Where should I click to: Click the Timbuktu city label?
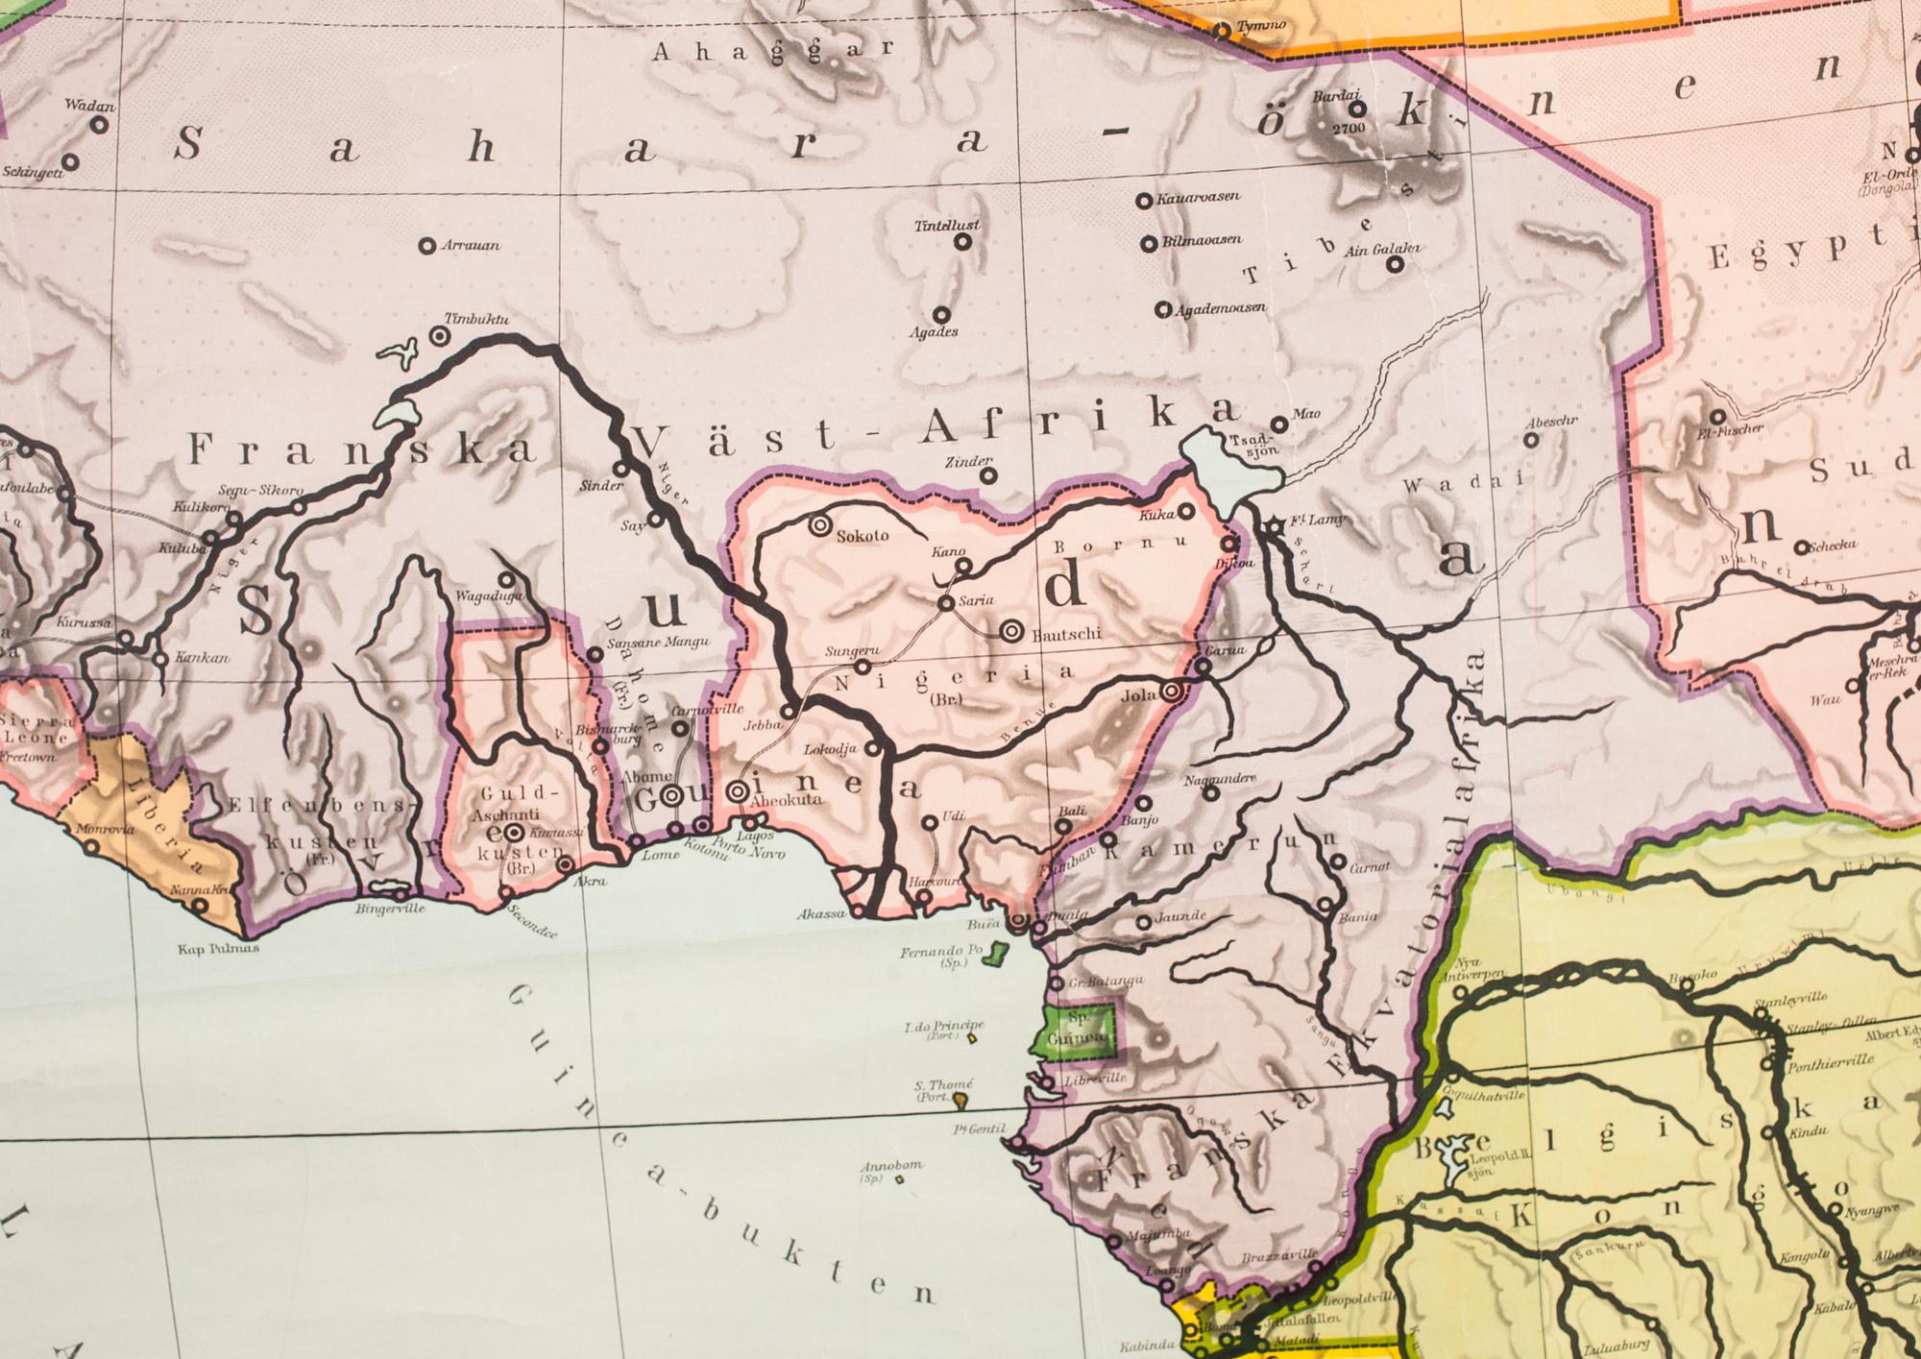coord(476,319)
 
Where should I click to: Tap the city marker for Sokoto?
coord(820,525)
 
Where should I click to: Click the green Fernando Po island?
coord(999,955)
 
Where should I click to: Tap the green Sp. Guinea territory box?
coord(1083,1030)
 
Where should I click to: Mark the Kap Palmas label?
coord(218,949)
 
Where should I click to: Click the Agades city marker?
coord(942,315)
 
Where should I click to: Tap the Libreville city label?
coord(1096,1079)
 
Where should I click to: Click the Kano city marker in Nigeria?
coord(962,566)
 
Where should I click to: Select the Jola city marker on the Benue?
coord(1171,692)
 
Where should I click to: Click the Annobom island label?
coord(891,1166)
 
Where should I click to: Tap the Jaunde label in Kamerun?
coord(1180,916)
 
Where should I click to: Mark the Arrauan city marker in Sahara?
coord(427,247)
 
